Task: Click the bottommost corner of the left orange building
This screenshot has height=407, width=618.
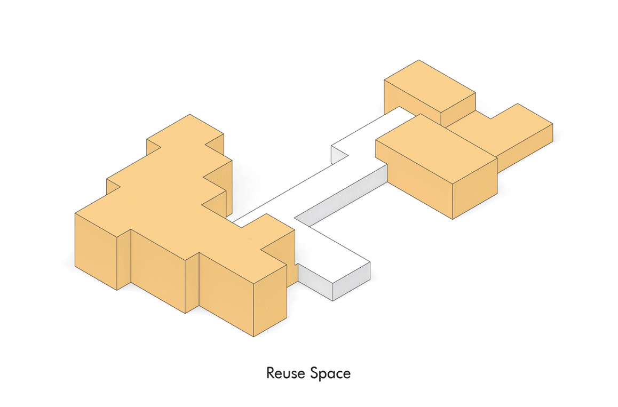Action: (x=253, y=337)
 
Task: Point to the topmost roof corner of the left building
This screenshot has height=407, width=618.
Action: (x=190, y=114)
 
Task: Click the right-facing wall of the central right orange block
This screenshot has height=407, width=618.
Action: (x=475, y=195)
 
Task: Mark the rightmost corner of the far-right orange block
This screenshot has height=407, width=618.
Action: (x=553, y=126)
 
